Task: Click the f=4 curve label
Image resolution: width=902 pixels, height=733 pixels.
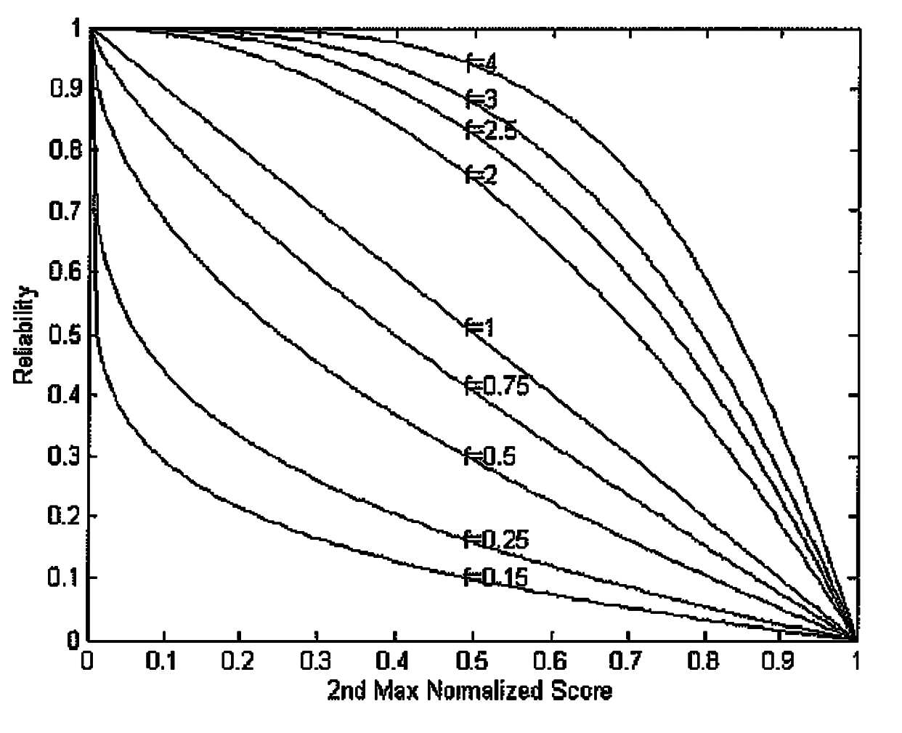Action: click(x=481, y=64)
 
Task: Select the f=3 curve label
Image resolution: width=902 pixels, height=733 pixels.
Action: click(x=481, y=99)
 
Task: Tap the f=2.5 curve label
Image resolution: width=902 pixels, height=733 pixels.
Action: click(x=491, y=130)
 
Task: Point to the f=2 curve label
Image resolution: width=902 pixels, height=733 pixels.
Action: click(x=481, y=174)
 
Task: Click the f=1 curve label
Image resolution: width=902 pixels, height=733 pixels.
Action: click(x=480, y=328)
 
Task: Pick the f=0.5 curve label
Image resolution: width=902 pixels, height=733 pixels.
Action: click(x=490, y=457)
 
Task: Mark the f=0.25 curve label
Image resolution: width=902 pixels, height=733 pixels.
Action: click(x=497, y=540)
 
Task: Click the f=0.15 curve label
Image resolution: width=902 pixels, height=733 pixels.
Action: click(x=496, y=577)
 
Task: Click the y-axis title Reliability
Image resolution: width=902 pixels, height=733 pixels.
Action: click(x=25, y=335)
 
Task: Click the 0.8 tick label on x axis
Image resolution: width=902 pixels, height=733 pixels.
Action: click(x=704, y=660)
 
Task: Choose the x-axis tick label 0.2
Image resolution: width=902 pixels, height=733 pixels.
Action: click(x=238, y=660)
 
